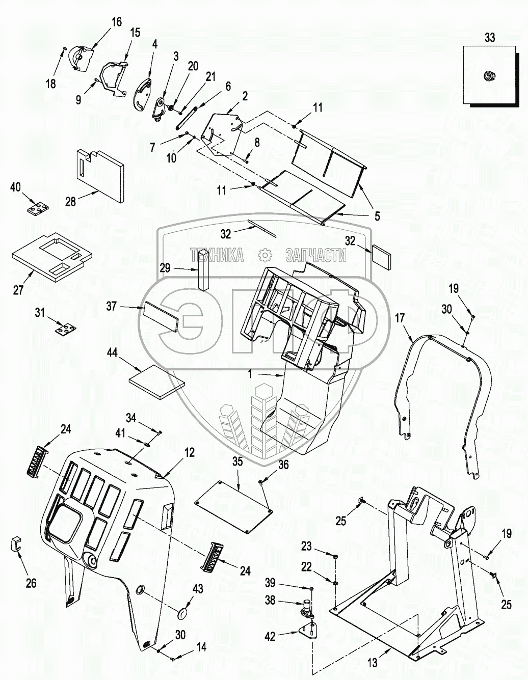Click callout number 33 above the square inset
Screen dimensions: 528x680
pos(490,38)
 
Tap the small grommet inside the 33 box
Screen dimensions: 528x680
pos(489,75)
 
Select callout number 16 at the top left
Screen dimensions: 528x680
pos(116,22)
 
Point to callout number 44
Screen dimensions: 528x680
pos(112,352)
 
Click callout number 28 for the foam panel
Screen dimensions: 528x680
pos(70,202)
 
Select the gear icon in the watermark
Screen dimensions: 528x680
pos(265,255)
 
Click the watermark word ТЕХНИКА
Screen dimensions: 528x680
pos(217,255)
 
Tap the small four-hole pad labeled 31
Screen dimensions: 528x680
pos(66,329)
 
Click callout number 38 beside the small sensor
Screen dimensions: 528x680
pos(270,600)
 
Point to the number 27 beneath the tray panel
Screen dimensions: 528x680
pos(18,290)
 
